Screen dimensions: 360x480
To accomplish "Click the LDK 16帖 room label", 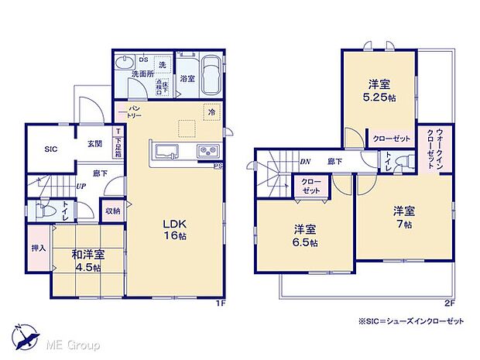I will (x=171, y=231).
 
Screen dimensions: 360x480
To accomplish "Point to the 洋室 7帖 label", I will (x=403, y=216).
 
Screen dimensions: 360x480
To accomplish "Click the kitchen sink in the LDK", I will (x=167, y=150).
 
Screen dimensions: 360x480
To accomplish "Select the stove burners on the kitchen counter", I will (x=208, y=150).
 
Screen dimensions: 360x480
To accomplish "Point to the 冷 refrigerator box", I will (x=211, y=112).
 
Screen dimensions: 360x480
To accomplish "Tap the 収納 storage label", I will (x=112, y=210).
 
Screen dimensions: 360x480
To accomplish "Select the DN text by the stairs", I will (x=306, y=163).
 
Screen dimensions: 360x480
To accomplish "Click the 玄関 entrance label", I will (x=94, y=144).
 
